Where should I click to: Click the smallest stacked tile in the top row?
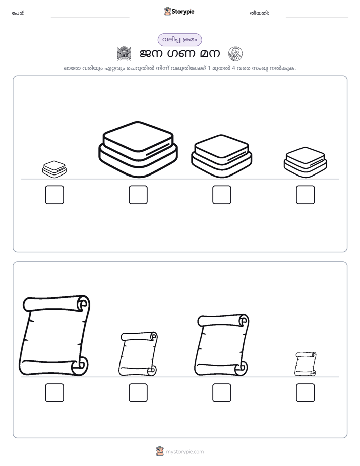point(54,169)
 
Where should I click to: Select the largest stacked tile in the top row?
point(138,149)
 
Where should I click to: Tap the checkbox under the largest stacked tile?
point(138,195)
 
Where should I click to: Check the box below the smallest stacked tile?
point(54,195)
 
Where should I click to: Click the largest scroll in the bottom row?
point(54,335)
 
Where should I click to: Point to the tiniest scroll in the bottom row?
point(306,364)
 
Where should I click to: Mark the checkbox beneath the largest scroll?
point(54,392)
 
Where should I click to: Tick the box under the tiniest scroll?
point(306,392)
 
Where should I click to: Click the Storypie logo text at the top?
point(183,12)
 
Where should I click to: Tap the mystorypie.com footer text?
point(185,452)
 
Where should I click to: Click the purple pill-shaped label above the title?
point(179,40)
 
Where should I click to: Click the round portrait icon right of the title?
point(235,53)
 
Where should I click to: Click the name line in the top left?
point(90,17)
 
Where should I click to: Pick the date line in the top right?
point(317,17)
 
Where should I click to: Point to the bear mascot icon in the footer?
point(160,451)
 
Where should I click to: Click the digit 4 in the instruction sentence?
point(233,68)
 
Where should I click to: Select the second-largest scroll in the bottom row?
point(222,345)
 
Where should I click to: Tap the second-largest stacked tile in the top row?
point(222,156)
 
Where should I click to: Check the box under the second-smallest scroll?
point(138,392)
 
